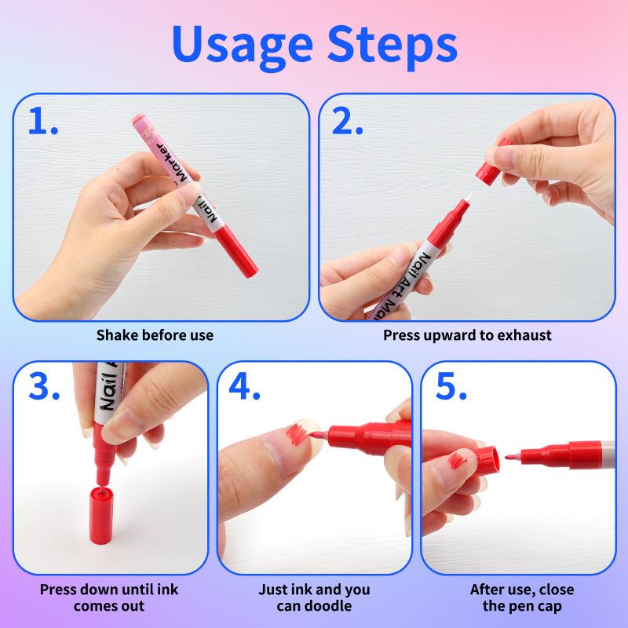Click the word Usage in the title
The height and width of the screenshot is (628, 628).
(236, 47)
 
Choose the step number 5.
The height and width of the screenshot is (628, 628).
(449, 388)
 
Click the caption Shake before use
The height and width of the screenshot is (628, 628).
(155, 335)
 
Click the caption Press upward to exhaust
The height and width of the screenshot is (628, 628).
(467, 335)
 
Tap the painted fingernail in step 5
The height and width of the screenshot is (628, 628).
(458, 465)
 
